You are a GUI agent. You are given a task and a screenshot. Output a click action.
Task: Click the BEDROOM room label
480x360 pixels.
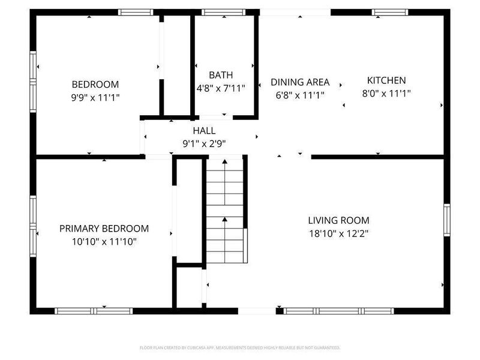point(95,85)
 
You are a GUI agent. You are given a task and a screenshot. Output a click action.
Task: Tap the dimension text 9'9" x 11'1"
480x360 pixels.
point(95,97)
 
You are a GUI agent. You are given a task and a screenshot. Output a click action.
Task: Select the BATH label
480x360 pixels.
point(221,75)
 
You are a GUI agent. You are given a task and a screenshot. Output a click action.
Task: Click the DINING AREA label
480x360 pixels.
point(300,82)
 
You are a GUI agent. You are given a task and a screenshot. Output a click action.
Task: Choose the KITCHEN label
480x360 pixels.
point(386,80)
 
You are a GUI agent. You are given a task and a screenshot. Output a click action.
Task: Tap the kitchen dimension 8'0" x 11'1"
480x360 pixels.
point(386,93)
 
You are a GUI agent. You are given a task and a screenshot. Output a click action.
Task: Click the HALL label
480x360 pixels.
point(204,131)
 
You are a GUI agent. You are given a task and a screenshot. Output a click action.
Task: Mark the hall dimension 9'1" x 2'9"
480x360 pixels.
point(204,143)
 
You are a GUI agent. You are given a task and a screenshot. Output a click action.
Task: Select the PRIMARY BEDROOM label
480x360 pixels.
point(104,229)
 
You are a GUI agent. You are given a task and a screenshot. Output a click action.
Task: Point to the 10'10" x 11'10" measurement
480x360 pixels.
point(104,241)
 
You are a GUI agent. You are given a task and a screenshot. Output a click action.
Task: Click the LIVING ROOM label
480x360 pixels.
point(338,220)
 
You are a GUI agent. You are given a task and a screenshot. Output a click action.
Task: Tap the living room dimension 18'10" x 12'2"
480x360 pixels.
point(338,233)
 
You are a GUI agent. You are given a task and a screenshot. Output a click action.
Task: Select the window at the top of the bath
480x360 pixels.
point(223,12)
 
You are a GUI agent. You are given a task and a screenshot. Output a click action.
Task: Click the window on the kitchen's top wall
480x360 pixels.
point(391,12)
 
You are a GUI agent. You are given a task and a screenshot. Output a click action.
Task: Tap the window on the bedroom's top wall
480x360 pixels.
point(136,12)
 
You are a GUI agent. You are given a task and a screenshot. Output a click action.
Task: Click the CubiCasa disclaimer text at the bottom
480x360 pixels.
point(240,347)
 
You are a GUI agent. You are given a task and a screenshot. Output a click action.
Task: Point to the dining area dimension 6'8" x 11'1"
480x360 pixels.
point(300,94)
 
